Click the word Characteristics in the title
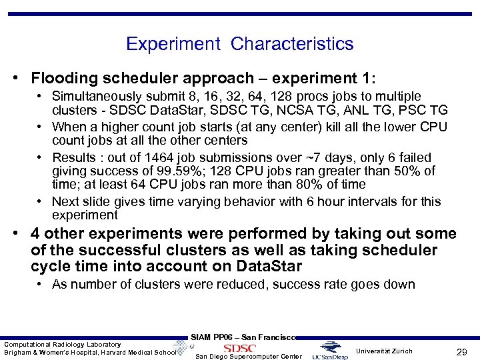tap(292, 44)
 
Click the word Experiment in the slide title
tap(173, 44)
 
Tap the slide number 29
tap(459, 351)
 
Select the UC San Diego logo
tap(333, 350)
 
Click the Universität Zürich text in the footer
tap(384, 351)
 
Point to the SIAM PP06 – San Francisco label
tap(243, 337)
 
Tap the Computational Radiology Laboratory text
tap(63, 344)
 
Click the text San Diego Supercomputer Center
tap(249, 356)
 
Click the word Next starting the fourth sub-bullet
tap(65, 202)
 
